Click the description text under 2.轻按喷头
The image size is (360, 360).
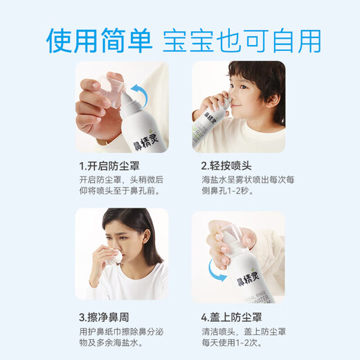point(238,188)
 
